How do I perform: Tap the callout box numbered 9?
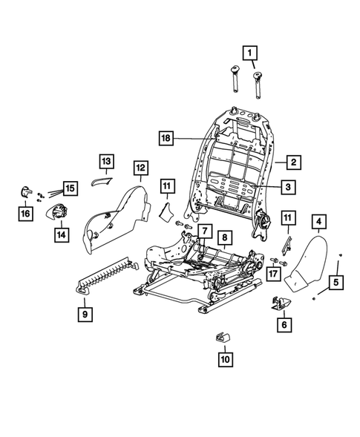[88, 315]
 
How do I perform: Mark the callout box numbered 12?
[140, 168]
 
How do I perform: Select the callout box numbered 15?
[70, 188]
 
